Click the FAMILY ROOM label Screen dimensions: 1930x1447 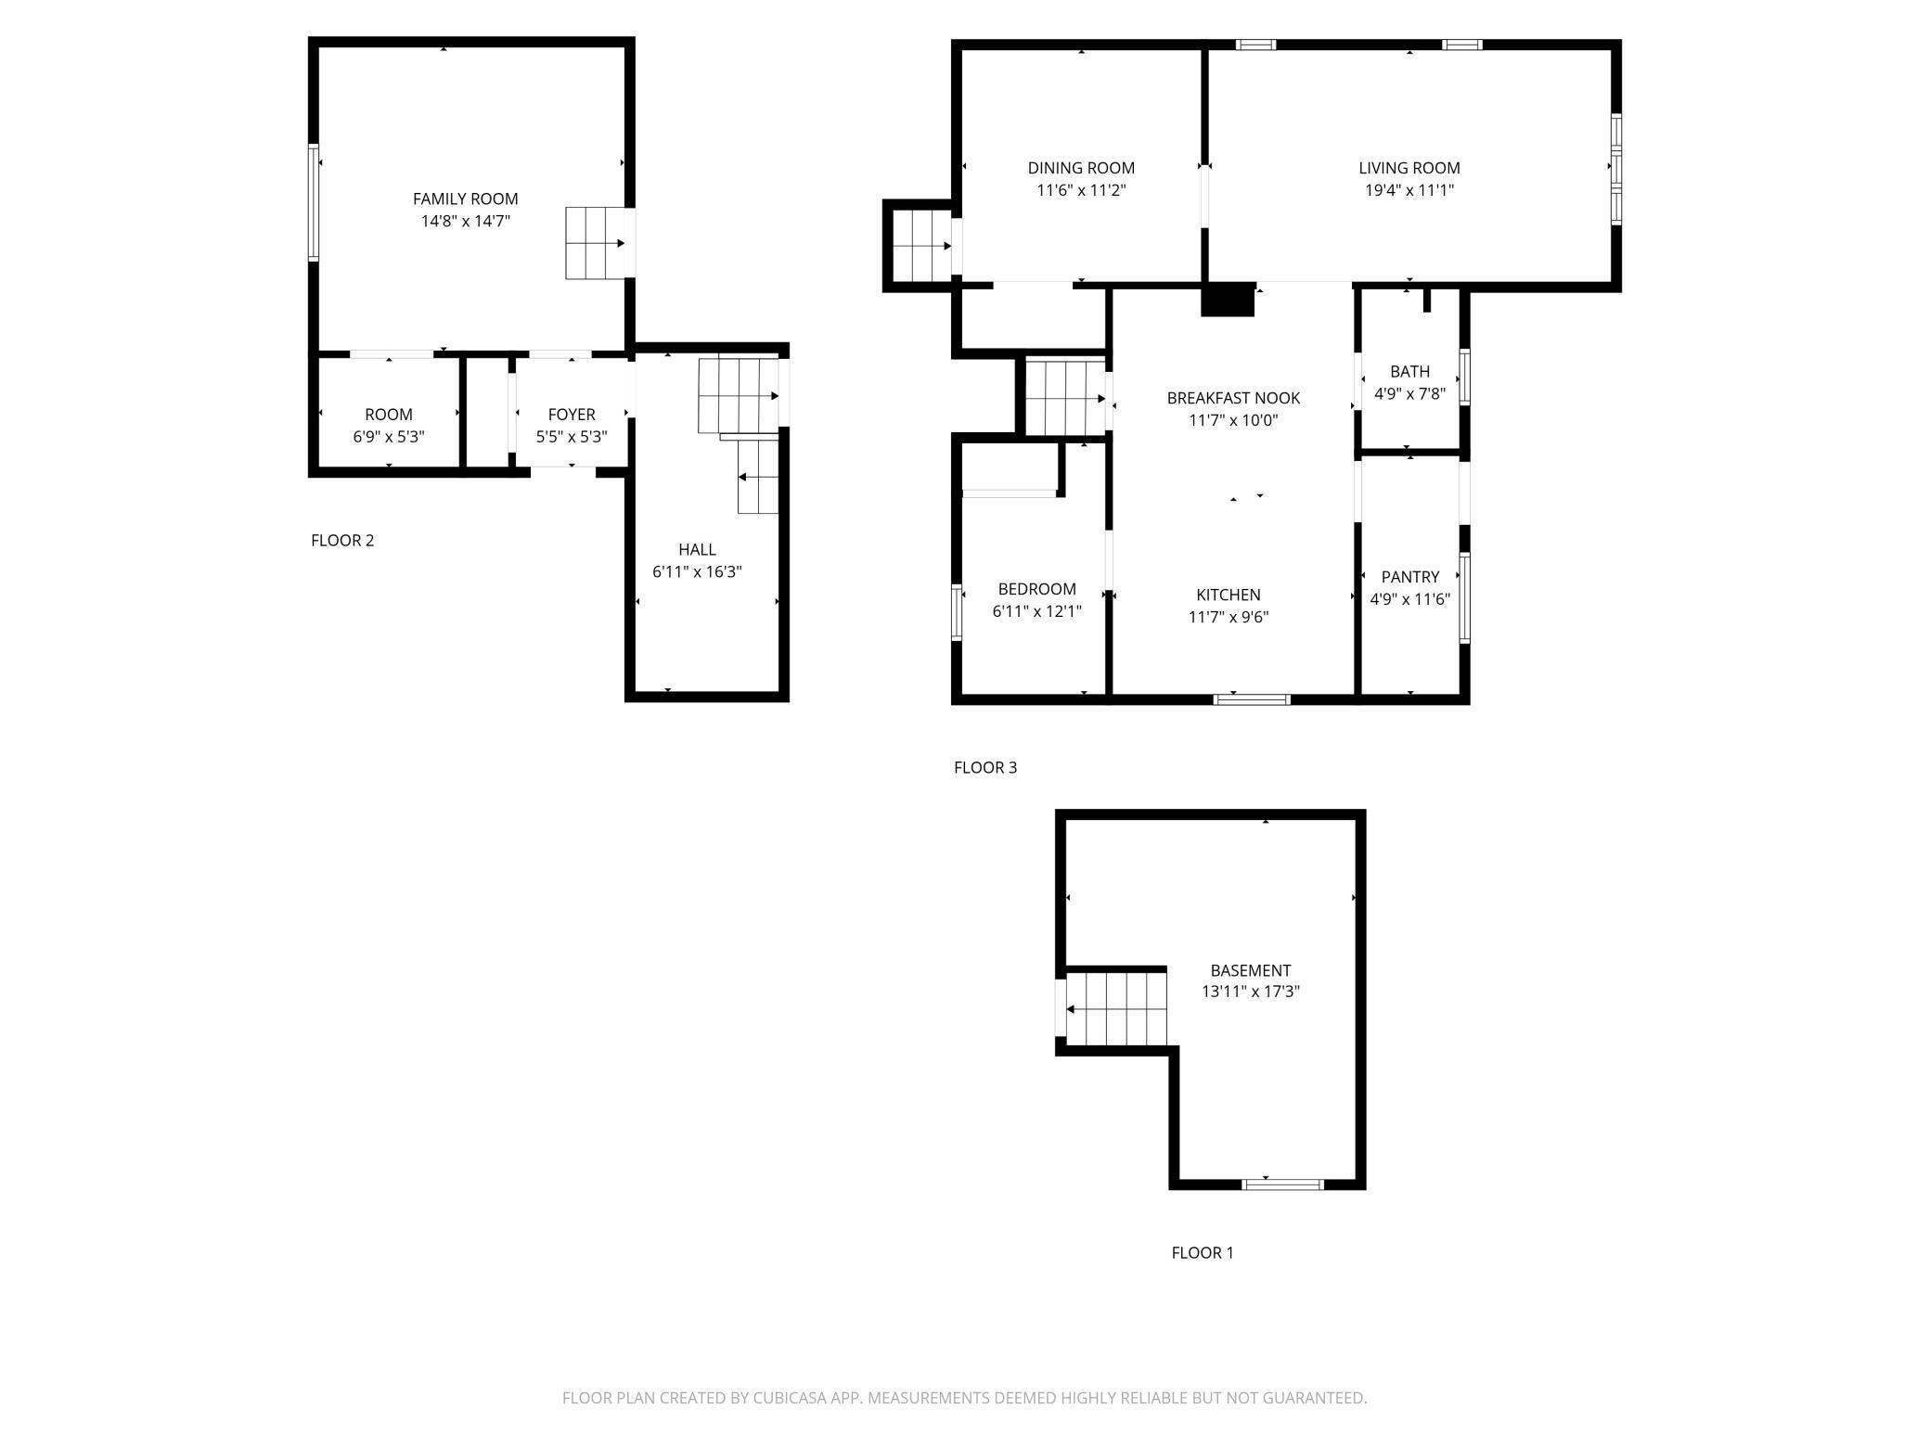tap(465, 198)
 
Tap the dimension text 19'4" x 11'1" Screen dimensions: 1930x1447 tap(1409, 190)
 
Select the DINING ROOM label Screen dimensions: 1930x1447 tap(1081, 168)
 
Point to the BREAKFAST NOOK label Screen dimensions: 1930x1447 tap(1233, 398)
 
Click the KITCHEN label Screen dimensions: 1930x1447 tap(1229, 595)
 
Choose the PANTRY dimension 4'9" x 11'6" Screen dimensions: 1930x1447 tap(1409, 599)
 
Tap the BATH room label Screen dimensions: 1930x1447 tap(1409, 372)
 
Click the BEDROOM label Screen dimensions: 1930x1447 tap(1036, 589)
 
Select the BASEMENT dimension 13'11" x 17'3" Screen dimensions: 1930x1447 tap(1250, 991)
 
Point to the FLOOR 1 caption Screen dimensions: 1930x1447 tap(1203, 1252)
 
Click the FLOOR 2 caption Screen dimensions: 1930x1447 tap(342, 540)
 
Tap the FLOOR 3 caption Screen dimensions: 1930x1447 tap(985, 767)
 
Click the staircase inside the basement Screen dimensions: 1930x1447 tap(1115, 1008)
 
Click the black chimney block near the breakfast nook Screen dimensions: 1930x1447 tap(1228, 300)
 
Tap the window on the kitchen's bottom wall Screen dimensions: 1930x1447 tap(1253, 698)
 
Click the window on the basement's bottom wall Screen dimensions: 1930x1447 tap(1282, 1184)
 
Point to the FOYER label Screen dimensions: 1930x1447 tap(572, 415)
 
